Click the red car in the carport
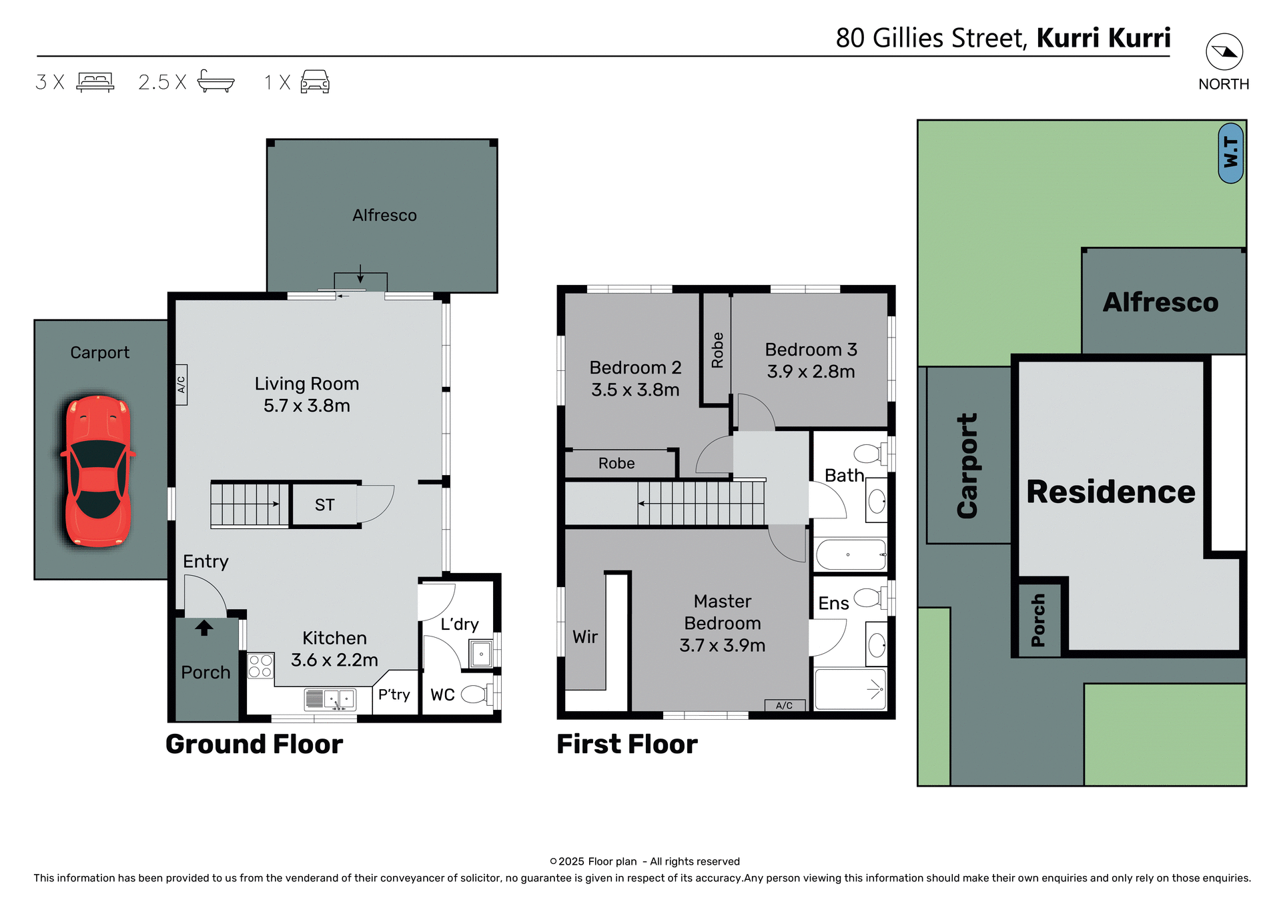98,471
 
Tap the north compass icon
1224,52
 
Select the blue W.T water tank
1230,153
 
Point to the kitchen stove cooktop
260,666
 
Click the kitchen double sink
339,699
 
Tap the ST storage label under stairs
324,505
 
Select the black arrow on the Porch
204,628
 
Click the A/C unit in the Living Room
181,385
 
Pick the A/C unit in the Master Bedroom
785,705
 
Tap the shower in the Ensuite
850,689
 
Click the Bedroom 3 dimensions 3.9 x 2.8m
811,372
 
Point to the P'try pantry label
394,695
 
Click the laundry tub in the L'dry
480,654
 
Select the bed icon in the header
95,81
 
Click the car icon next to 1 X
315,81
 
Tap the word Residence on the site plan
1110,492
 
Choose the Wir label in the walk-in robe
585,637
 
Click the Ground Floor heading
254,744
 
